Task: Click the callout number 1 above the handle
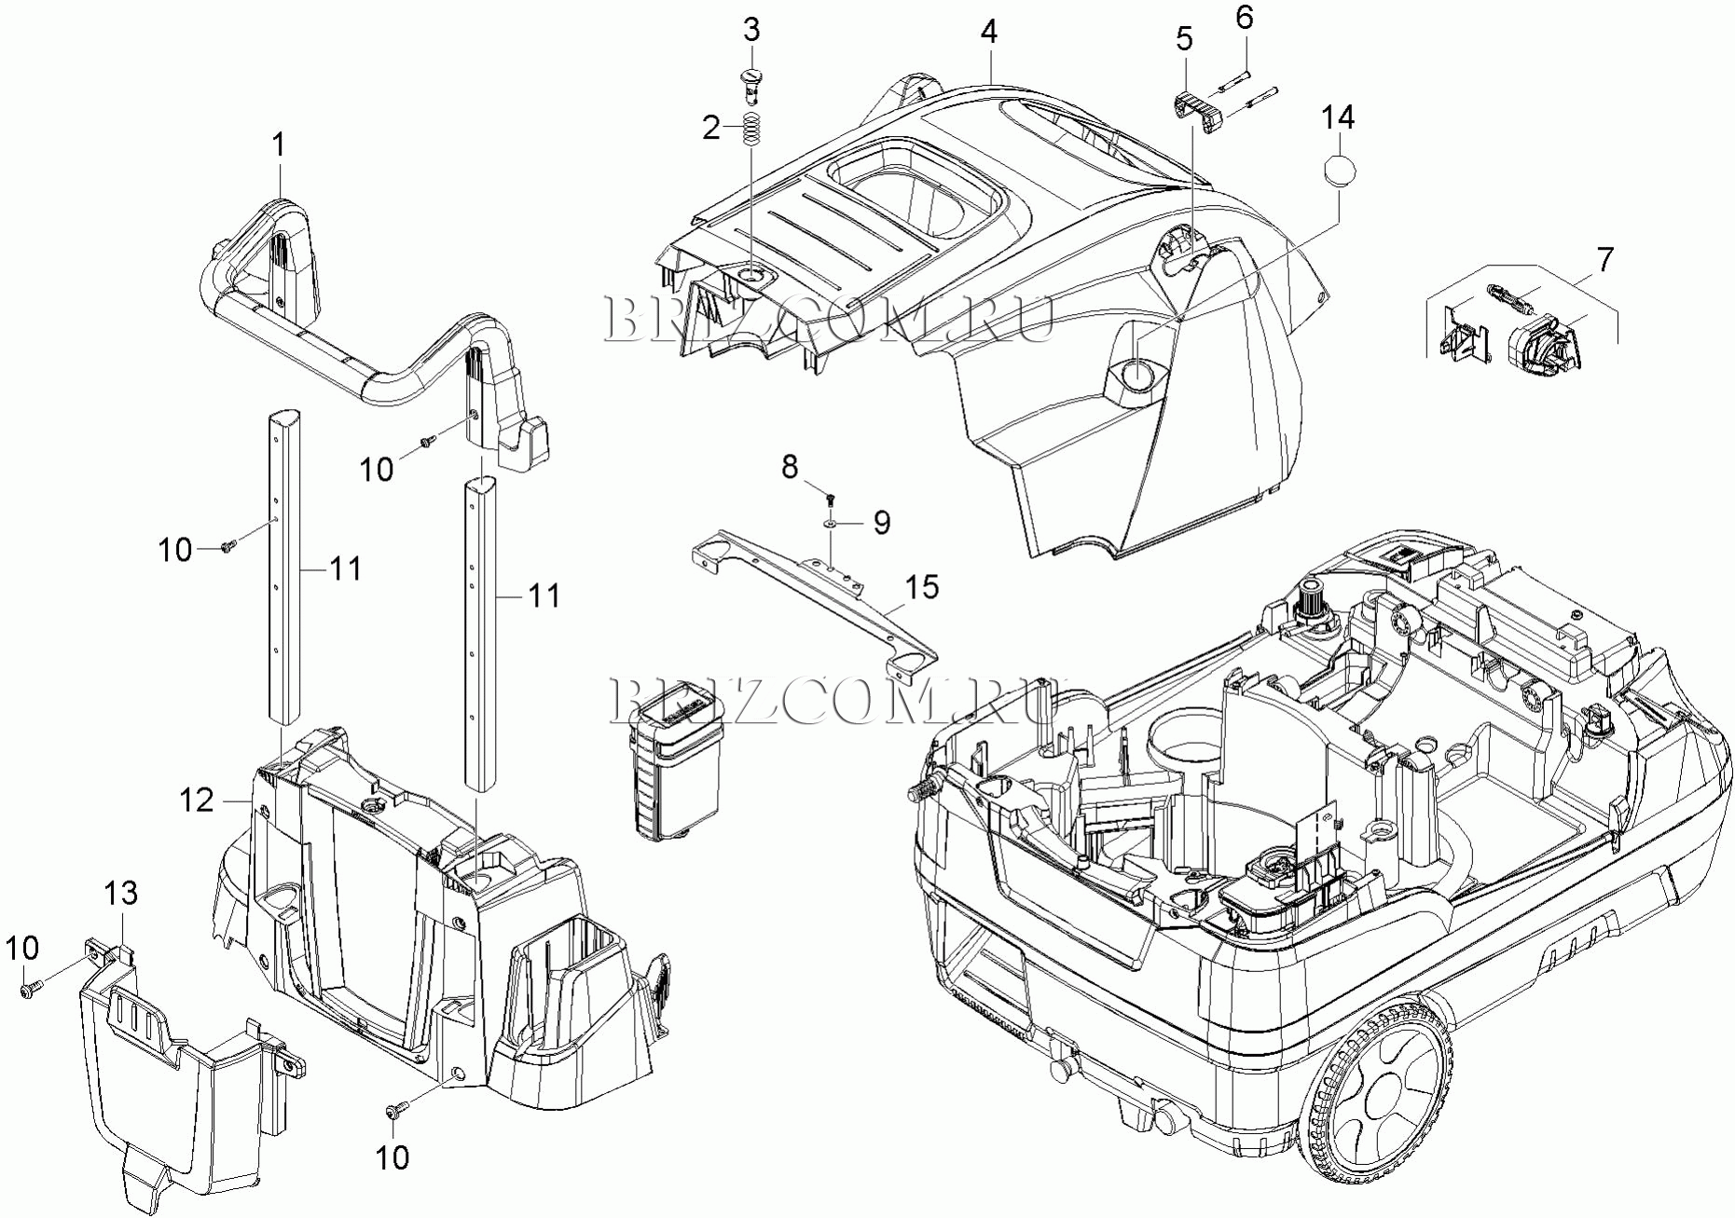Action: pyautogui.click(x=278, y=144)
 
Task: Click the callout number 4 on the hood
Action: pyautogui.click(x=988, y=32)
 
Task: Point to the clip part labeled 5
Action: pyautogui.click(x=1196, y=114)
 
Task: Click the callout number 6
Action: pyautogui.click(x=1245, y=17)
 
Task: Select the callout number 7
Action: pyautogui.click(x=1604, y=260)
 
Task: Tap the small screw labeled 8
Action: pyautogui.click(x=830, y=500)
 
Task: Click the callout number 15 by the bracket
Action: pyautogui.click(x=921, y=587)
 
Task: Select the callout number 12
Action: pyautogui.click(x=197, y=800)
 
